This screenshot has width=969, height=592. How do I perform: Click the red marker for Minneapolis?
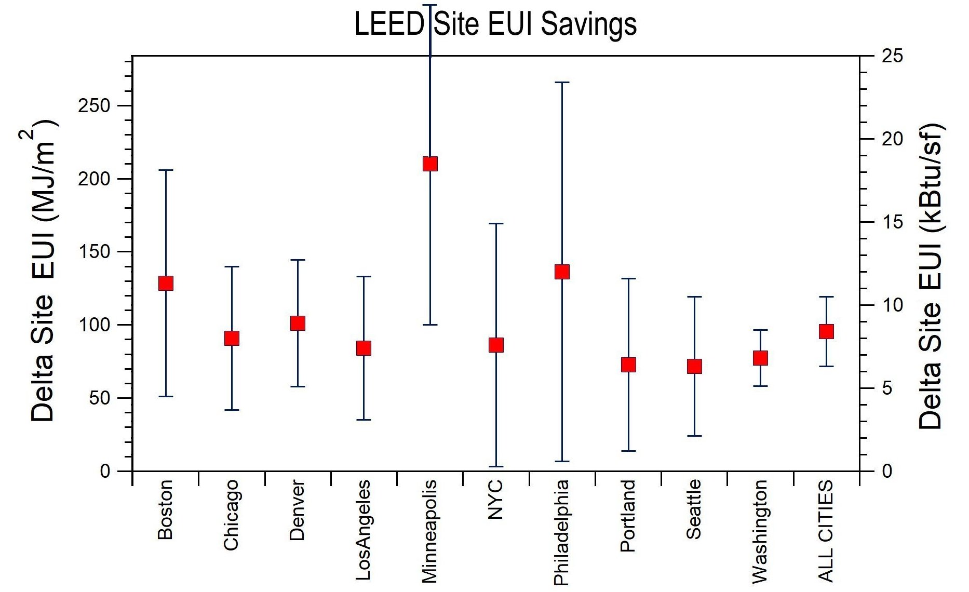pyautogui.click(x=430, y=164)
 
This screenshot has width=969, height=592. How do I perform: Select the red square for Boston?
pyautogui.click(x=166, y=283)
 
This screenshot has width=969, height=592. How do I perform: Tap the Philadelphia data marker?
pyautogui.click(x=562, y=272)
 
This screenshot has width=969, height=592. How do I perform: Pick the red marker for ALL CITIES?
pyautogui.click(x=826, y=331)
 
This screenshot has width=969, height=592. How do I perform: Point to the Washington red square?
pyautogui.click(x=760, y=358)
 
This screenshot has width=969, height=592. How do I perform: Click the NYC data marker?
pyautogui.click(x=496, y=345)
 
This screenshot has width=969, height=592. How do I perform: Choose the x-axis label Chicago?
pyautogui.click(x=231, y=515)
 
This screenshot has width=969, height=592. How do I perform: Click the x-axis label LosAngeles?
pyautogui.click(x=364, y=530)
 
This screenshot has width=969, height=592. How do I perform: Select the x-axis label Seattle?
pyautogui.click(x=694, y=509)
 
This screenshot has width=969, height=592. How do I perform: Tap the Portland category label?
pyautogui.click(x=628, y=516)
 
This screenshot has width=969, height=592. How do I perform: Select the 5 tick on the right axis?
pyautogui.click(x=887, y=388)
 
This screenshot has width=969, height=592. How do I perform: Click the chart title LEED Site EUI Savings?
pyautogui.click(x=495, y=24)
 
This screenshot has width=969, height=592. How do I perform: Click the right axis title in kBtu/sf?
pyautogui.click(x=931, y=275)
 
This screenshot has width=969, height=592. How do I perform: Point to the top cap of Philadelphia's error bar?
pyautogui.click(x=562, y=82)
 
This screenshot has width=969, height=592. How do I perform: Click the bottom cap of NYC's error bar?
pyautogui.click(x=496, y=466)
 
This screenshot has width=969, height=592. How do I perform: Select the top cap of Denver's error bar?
pyautogui.click(x=298, y=260)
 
